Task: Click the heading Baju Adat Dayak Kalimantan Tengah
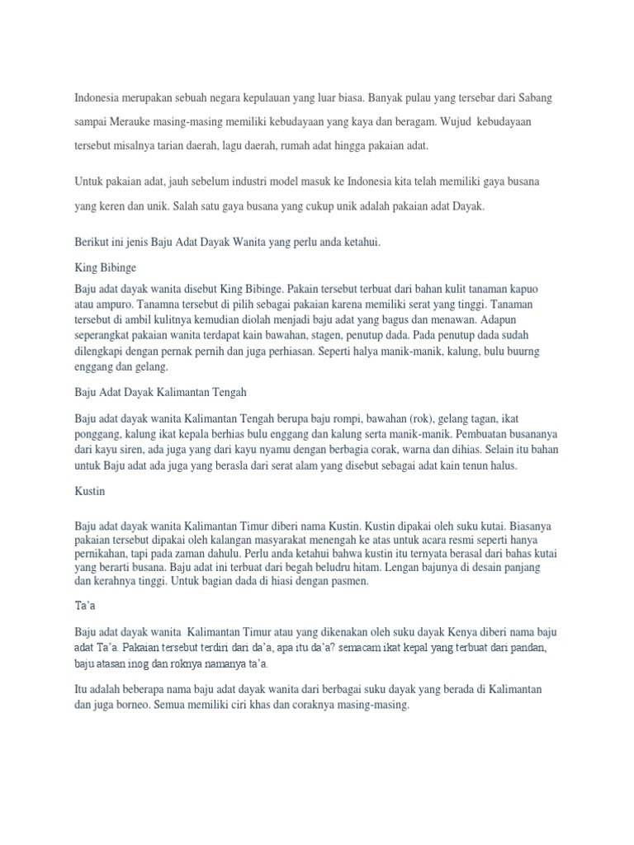[x=160, y=391]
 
